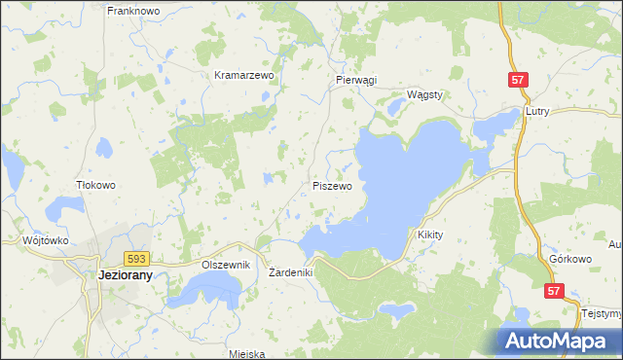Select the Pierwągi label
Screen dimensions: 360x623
355,81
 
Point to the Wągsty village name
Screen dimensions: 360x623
424,94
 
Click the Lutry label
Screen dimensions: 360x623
537,112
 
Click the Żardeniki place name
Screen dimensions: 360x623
290,272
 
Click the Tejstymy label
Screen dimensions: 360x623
601,314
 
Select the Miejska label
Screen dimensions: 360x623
246,354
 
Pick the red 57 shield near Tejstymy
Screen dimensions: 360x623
554,290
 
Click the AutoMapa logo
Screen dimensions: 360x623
558,341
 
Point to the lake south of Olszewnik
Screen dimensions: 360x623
212,288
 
